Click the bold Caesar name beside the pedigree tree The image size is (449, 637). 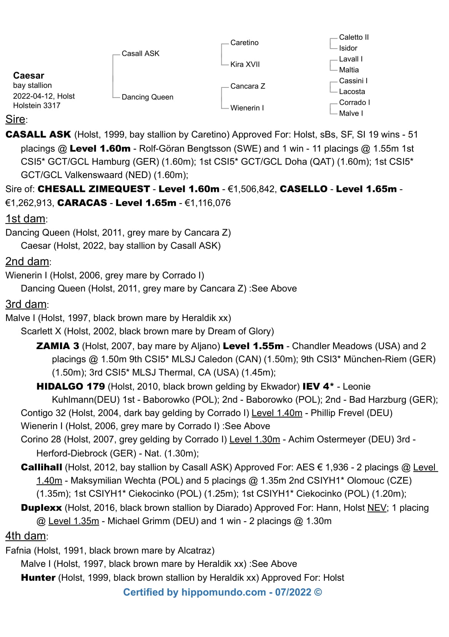[28, 76]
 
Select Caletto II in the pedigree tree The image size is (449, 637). [354, 37]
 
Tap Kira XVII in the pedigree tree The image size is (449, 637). [245, 64]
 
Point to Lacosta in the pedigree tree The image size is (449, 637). [352, 92]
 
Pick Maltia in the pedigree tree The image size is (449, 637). [349, 70]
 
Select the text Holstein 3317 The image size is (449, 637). [37, 106]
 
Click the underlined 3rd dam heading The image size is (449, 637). [26, 304]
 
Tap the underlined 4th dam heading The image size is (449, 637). [26, 536]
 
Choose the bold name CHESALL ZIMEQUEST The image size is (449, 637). [93, 189]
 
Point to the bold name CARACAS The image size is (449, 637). [82, 203]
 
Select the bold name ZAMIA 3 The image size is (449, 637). [58, 346]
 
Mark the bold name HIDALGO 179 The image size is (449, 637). [70, 387]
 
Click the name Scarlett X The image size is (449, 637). [37, 331]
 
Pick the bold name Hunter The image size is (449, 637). [38, 578]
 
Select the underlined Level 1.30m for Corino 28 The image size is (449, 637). [254, 439]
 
